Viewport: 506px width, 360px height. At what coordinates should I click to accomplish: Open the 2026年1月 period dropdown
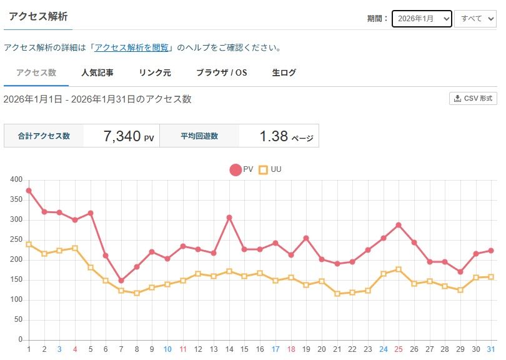(422, 19)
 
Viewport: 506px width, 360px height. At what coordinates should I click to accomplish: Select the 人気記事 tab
(97, 72)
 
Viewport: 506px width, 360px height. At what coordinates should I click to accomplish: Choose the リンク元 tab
(155, 72)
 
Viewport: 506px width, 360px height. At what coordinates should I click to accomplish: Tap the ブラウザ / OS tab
(222, 72)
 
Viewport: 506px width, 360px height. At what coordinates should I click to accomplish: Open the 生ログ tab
(284, 72)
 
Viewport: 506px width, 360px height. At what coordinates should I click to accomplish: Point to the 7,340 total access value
(122, 136)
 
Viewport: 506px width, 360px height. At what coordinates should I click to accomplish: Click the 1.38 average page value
(274, 136)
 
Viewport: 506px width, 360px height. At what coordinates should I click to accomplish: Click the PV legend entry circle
(236, 169)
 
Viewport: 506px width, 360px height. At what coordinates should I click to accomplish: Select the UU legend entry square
(263, 169)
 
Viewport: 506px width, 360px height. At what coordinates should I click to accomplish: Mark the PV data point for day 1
(29, 191)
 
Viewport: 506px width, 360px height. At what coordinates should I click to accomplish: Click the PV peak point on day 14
(229, 217)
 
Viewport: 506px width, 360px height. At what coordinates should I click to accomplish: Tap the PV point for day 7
(121, 281)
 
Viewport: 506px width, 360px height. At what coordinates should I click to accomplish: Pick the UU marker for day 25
(399, 269)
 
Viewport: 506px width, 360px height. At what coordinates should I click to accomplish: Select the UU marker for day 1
(29, 244)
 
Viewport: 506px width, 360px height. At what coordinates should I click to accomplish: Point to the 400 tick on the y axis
(16, 180)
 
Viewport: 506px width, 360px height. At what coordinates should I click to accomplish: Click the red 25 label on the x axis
(399, 349)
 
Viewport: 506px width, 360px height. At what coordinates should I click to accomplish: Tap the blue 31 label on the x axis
(491, 349)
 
